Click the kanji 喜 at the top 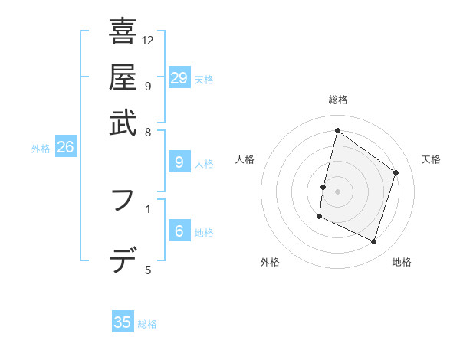[123, 31]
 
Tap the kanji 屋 [123, 77]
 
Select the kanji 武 [123, 123]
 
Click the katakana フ [123, 201]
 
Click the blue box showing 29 [179, 78]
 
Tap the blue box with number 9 [179, 162]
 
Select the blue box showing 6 [179, 231]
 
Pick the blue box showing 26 [65, 148]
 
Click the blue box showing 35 [123, 322]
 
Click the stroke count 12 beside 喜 [148, 40]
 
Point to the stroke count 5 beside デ [148, 270]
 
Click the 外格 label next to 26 [41, 149]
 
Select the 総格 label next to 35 [148, 324]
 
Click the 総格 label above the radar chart [337, 100]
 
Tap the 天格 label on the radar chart [431, 159]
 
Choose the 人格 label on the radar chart [245, 159]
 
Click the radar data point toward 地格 [374, 242]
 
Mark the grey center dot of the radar [337, 191]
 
